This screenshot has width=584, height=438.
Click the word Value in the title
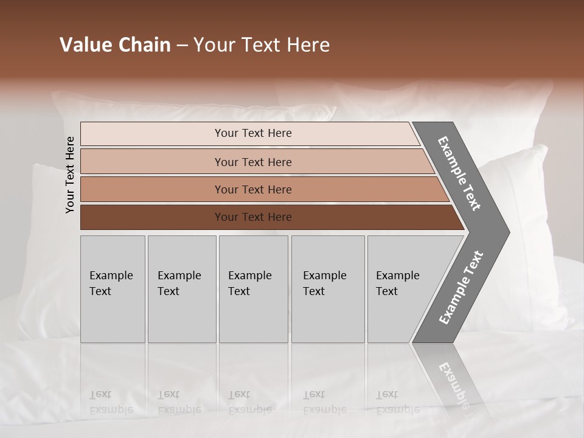(x=86, y=45)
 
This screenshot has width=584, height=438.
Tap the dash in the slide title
(x=182, y=46)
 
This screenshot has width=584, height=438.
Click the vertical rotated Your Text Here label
(x=70, y=175)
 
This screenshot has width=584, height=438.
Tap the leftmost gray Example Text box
(x=113, y=289)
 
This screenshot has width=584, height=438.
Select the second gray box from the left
(x=181, y=289)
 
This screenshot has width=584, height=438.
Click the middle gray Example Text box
(x=253, y=289)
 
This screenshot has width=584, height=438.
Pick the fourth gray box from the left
(x=327, y=289)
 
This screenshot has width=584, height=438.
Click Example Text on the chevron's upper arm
(x=459, y=173)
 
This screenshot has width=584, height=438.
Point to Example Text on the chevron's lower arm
(x=461, y=288)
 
